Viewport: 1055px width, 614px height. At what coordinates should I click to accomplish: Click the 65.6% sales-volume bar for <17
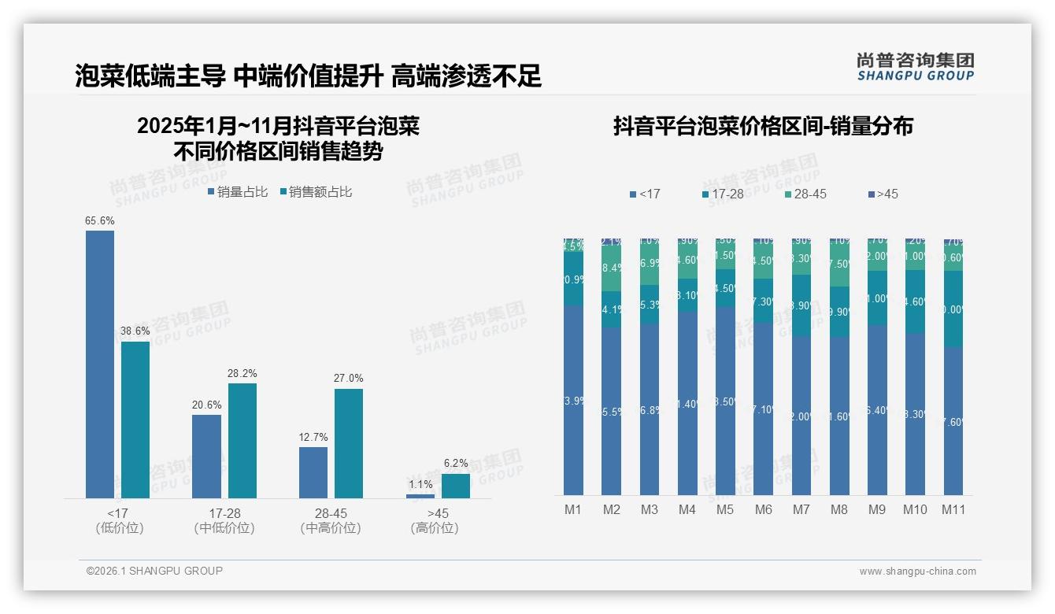(100, 364)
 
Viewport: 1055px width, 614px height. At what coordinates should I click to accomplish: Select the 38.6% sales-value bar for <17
(135, 420)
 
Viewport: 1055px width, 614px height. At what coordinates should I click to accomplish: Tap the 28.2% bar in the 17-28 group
(242, 441)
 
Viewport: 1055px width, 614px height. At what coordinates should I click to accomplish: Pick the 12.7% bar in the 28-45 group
(313, 472)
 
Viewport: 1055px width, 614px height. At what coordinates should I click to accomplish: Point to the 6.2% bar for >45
(456, 486)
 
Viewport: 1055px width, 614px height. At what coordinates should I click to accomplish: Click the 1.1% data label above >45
(420, 485)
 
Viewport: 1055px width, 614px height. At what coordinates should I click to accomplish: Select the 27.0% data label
(349, 379)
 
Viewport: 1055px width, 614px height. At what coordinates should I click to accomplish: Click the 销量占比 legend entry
(238, 192)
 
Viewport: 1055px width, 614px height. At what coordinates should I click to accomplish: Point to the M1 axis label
(573, 510)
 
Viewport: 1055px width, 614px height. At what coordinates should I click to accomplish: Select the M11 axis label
(953, 510)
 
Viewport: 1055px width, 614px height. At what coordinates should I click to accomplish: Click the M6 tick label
(764, 510)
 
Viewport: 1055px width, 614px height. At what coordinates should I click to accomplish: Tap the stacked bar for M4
(687, 367)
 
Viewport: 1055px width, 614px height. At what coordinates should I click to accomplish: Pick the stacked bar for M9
(877, 367)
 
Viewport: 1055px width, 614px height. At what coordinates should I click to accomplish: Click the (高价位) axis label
(435, 528)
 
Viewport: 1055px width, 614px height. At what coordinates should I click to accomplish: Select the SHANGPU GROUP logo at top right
(916, 67)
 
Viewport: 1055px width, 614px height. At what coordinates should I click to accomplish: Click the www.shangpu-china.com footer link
(917, 571)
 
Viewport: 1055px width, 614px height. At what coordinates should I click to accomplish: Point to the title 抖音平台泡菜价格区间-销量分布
(763, 127)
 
